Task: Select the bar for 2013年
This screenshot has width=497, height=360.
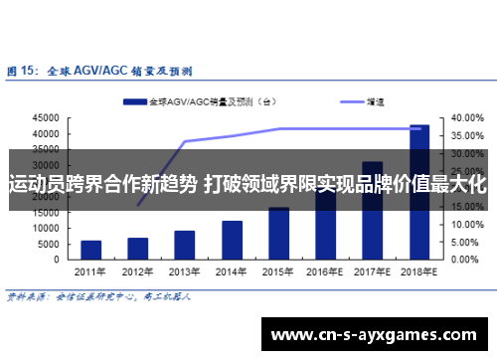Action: tap(185, 246)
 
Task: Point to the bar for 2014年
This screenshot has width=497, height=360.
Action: tap(232, 241)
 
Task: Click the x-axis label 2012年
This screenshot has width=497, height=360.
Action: tap(137, 271)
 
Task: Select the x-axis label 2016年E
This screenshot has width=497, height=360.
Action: tap(325, 271)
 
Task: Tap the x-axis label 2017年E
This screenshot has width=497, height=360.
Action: tap(372, 271)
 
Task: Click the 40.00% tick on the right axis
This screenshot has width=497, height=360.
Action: tap(466, 118)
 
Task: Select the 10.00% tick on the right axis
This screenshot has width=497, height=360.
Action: tap(466, 225)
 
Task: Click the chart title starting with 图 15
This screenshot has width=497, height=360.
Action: tap(99, 72)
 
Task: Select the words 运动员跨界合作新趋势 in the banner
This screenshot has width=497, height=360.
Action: tap(102, 184)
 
